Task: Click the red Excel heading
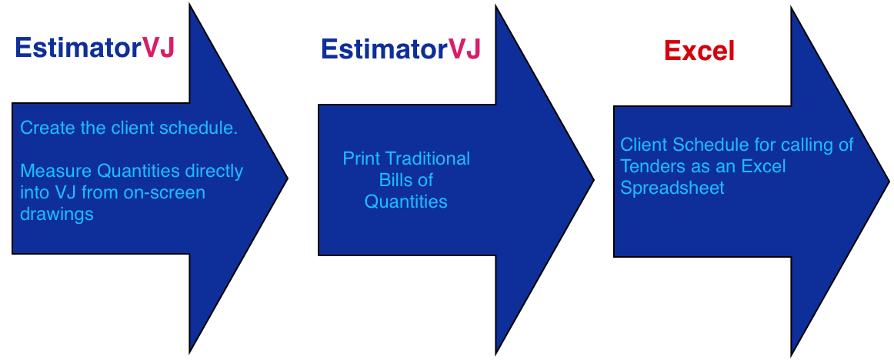(699, 52)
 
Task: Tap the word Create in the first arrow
(48, 128)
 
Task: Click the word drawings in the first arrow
(57, 215)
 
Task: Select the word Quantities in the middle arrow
(406, 201)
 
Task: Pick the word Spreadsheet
(672, 188)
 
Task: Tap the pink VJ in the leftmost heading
(158, 48)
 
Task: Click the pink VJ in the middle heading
(465, 49)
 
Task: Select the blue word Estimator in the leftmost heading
(78, 48)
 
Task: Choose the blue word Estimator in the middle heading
(384, 49)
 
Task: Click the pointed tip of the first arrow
(288, 178)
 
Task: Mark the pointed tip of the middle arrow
(594, 180)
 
